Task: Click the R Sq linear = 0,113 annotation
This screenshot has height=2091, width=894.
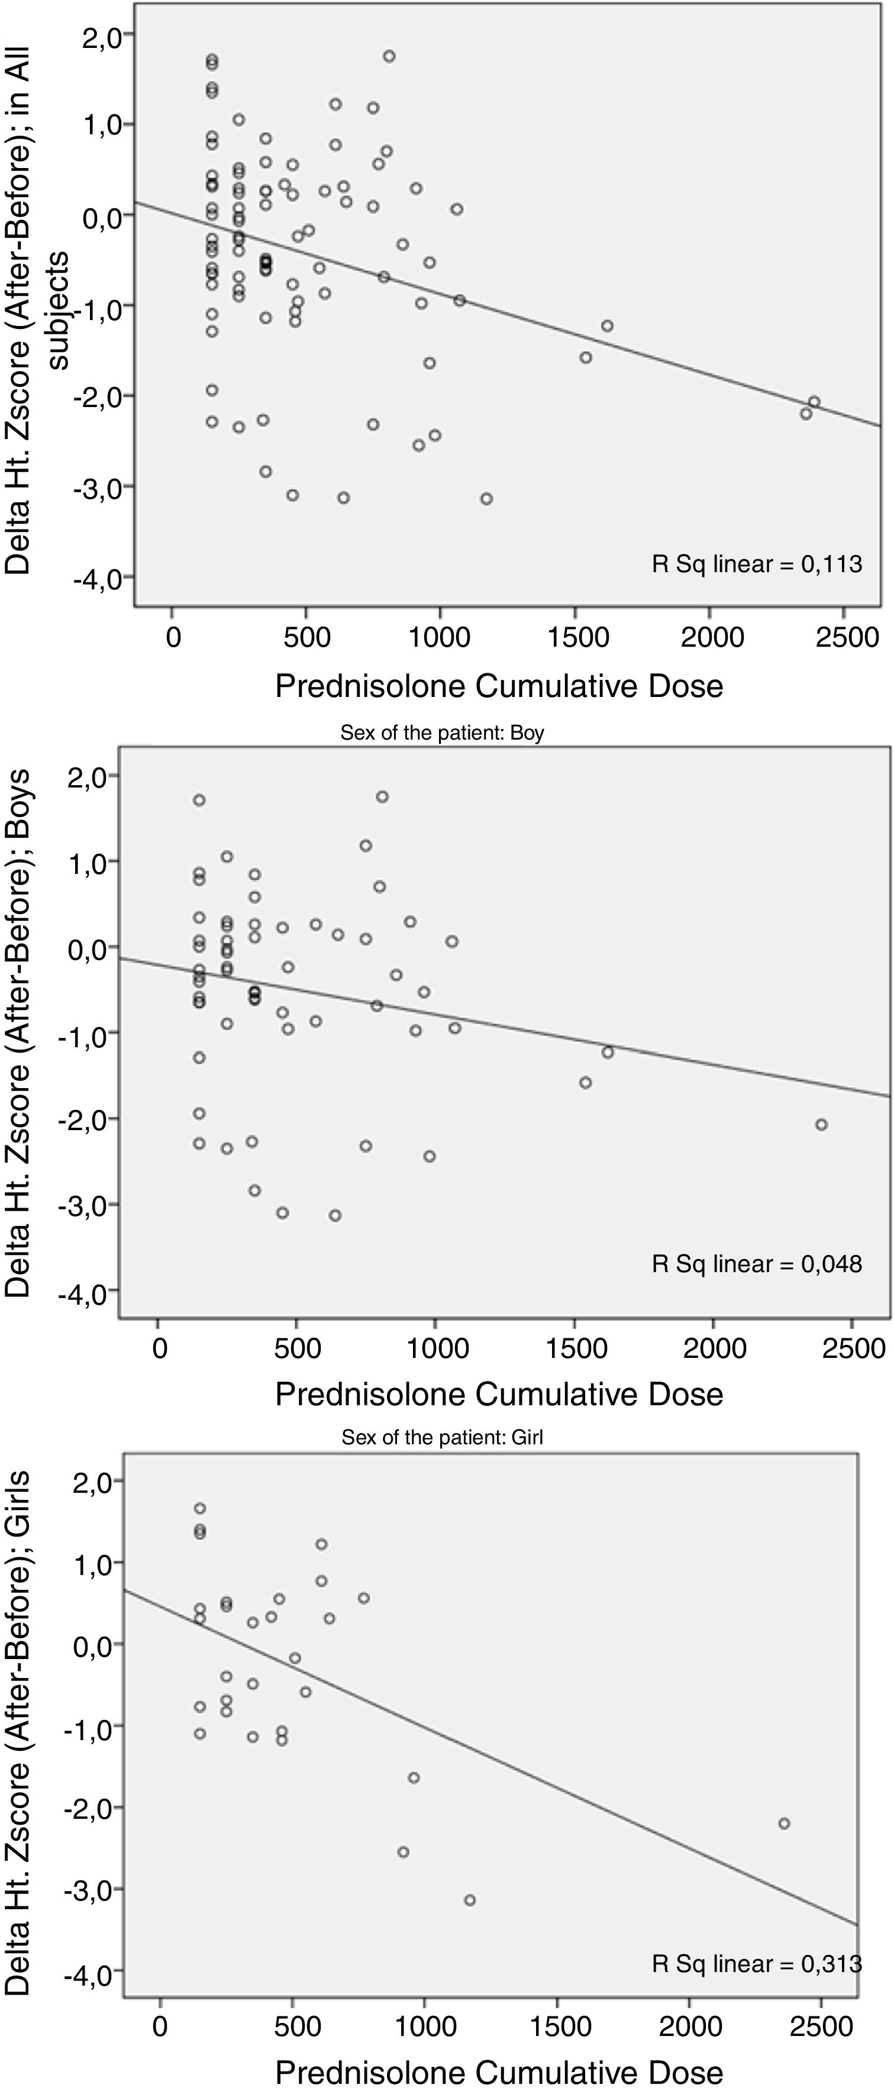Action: (756, 564)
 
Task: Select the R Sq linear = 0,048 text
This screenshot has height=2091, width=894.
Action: (756, 1264)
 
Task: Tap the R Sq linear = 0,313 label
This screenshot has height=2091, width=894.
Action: (756, 1964)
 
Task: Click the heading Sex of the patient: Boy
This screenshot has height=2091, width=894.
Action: (442, 733)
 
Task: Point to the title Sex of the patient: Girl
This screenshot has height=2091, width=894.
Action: (442, 1438)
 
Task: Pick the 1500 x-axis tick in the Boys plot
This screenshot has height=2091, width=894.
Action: (576, 1348)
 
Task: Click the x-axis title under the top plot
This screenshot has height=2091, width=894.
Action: (499, 686)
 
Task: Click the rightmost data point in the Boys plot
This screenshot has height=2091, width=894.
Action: (821, 1124)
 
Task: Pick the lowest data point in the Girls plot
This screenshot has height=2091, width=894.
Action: (469, 1900)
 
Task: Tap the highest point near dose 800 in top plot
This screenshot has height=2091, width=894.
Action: (389, 56)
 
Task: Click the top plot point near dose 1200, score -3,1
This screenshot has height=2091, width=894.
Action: (486, 498)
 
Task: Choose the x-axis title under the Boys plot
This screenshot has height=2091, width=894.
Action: (499, 1394)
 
